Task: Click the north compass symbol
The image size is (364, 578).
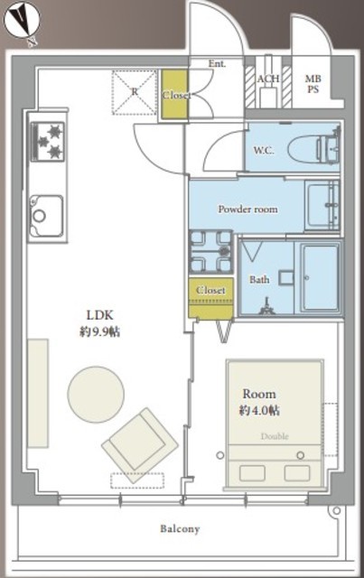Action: (x=21, y=23)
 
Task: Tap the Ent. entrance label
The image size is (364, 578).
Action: (x=217, y=64)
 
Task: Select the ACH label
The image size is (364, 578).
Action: (x=267, y=79)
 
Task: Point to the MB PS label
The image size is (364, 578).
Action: (x=313, y=84)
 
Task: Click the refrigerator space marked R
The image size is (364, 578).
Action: (x=135, y=92)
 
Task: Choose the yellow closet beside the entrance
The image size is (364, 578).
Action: (x=174, y=95)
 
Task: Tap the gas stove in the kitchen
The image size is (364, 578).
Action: (x=48, y=142)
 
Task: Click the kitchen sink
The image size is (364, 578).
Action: (x=47, y=216)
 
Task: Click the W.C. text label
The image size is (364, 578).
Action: (x=264, y=151)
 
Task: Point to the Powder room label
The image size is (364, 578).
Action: (x=247, y=210)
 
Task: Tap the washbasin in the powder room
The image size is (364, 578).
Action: (x=322, y=206)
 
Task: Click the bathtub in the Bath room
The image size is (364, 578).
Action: (x=320, y=277)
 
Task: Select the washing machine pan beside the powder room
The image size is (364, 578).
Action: (x=211, y=252)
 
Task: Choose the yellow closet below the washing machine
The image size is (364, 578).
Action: (x=210, y=298)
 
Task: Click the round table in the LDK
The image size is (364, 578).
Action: (x=96, y=394)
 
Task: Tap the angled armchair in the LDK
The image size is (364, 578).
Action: (x=140, y=445)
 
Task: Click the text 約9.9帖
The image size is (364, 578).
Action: (x=99, y=331)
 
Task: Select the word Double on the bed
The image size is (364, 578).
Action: (x=275, y=436)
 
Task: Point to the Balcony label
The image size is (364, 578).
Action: (x=180, y=529)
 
